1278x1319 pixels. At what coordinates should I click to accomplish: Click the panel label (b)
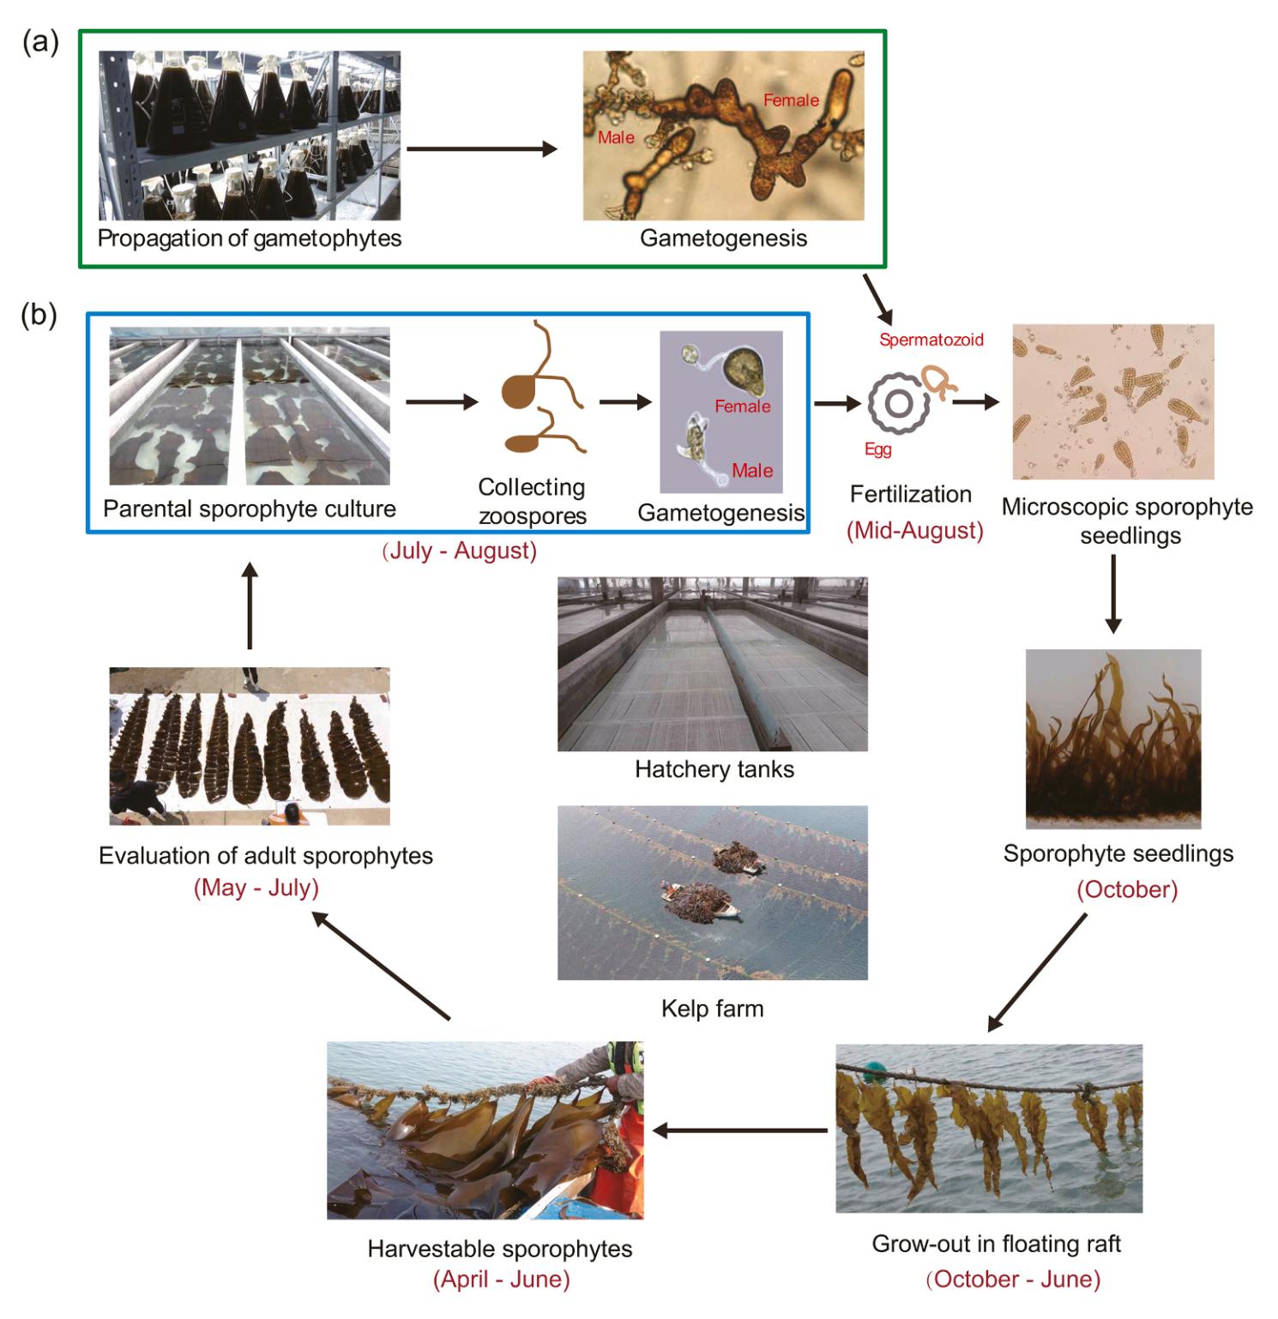(x=39, y=316)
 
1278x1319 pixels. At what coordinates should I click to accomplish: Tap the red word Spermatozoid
(x=931, y=340)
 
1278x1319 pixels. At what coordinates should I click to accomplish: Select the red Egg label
(x=877, y=449)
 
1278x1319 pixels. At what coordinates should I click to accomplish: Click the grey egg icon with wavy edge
(x=898, y=403)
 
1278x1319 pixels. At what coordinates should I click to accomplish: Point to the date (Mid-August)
(x=914, y=531)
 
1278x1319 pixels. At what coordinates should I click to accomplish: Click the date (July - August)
(x=460, y=551)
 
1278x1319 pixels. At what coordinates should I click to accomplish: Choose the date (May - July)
(x=256, y=888)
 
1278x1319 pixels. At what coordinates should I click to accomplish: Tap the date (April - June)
(x=501, y=1280)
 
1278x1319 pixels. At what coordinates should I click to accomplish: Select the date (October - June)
(x=1013, y=1280)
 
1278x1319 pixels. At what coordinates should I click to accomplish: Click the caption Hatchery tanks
(x=714, y=769)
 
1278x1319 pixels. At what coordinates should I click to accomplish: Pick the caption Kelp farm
(x=712, y=1009)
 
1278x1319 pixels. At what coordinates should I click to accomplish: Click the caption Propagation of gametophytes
(x=249, y=238)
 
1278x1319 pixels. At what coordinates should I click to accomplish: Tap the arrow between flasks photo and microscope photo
(x=481, y=149)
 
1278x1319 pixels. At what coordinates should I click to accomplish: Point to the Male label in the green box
(x=616, y=137)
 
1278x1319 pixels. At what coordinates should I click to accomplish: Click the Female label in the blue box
(x=743, y=406)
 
